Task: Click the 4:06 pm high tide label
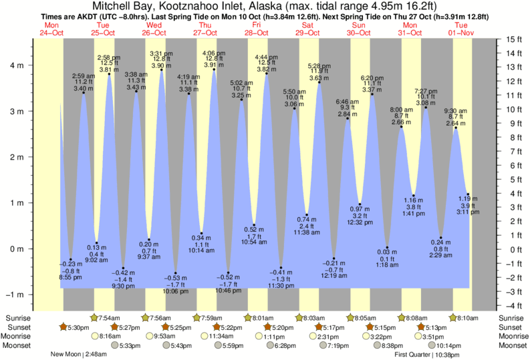click(x=213, y=53)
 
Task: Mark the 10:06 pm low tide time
click(x=176, y=291)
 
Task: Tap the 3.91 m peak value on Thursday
click(x=213, y=65)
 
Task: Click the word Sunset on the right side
click(x=511, y=327)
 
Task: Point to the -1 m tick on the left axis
click(x=15, y=295)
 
